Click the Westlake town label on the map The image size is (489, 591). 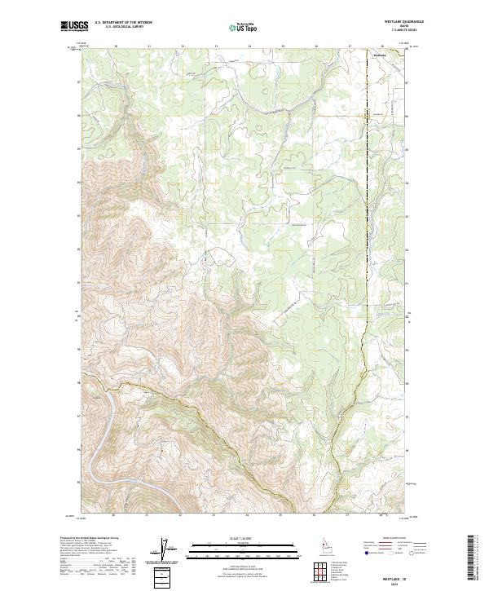pyautogui.click(x=379, y=55)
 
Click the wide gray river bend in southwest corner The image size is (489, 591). pyautogui.click(x=96, y=440)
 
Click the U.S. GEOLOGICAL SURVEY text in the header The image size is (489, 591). pyautogui.click(x=117, y=27)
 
